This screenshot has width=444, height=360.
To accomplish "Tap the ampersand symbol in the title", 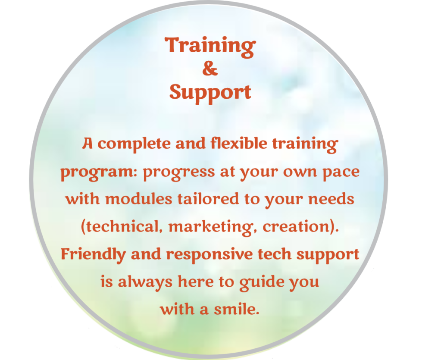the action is (x=210, y=69).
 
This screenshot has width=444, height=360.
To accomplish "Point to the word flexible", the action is (x=239, y=143).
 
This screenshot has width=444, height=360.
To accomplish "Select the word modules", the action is (x=138, y=199).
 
